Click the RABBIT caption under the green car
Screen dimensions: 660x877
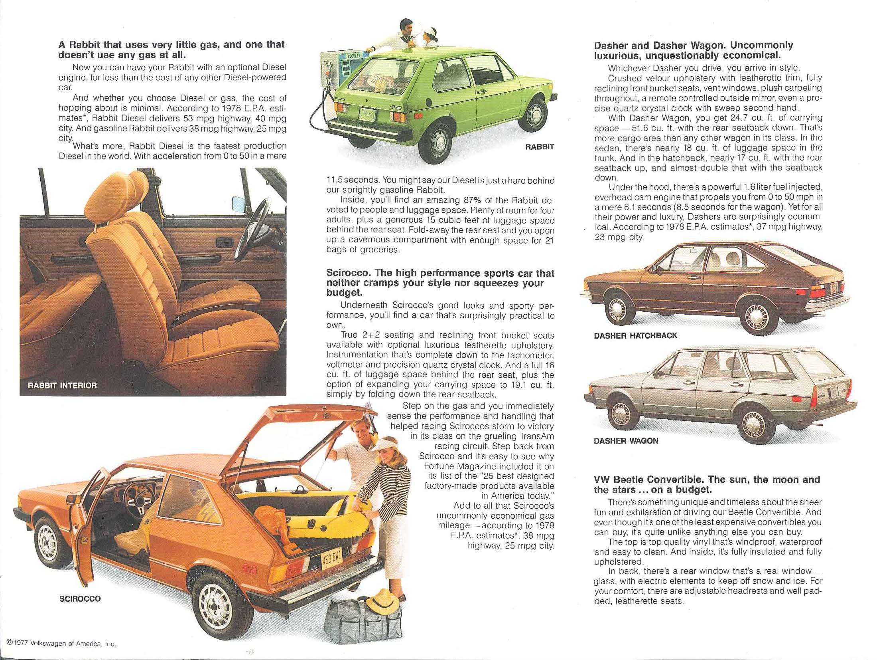tap(539, 147)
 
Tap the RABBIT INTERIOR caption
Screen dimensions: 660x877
tap(62, 385)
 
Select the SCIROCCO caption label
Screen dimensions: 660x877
tap(80, 599)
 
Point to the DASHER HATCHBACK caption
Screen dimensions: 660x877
tap(635, 336)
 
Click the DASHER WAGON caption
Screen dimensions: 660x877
tap(626, 441)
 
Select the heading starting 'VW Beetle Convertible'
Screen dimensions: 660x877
tap(707, 484)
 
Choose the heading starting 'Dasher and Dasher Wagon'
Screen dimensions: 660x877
tap(693, 50)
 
